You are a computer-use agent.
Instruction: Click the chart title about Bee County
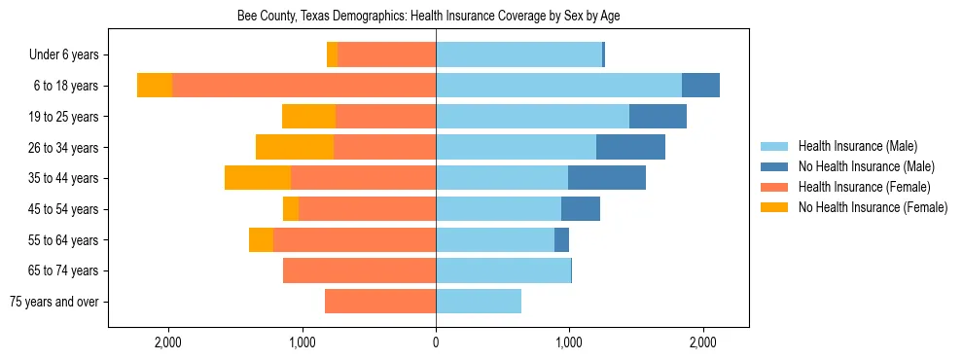click(x=428, y=17)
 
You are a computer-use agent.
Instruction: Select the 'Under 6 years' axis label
click(x=69, y=55)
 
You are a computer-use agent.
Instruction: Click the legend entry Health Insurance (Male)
click(x=856, y=146)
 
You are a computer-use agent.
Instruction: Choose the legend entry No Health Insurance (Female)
click(x=872, y=207)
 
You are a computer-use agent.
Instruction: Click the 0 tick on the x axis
click(x=436, y=342)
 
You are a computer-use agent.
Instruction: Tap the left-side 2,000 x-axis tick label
click(x=168, y=342)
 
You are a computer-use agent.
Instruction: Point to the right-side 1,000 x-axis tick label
click(x=569, y=342)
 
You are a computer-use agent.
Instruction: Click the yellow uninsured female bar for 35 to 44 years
click(x=258, y=178)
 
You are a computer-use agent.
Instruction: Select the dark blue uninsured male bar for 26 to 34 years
click(x=630, y=147)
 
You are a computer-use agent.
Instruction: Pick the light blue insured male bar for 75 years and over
click(x=479, y=302)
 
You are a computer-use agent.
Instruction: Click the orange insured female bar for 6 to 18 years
click(x=303, y=86)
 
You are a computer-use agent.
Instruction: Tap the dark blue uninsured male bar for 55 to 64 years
click(x=561, y=239)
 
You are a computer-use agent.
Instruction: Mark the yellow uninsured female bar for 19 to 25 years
click(x=308, y=117)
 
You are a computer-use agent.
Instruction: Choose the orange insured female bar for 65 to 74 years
click(x=359, y=270)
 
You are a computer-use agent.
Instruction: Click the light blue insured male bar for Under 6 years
click(x=518, y=55)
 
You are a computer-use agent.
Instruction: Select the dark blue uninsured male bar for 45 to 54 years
click(x=581, y=209)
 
